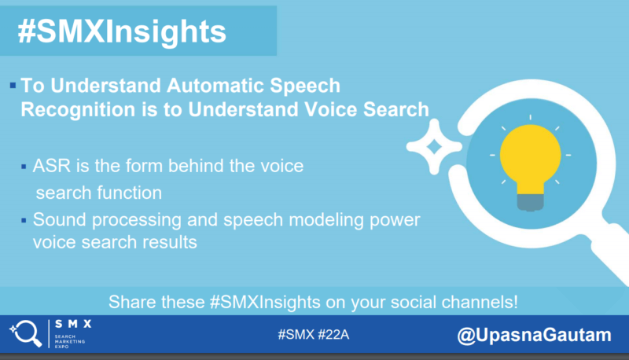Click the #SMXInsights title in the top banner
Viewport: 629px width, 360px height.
pyautogui.click(x=122, y=31)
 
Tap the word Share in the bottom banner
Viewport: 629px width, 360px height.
pyautogui.click(x=129, y=302)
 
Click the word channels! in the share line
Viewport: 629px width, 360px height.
pyautogui.click(x=480, y=302)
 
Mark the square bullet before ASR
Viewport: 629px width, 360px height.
pyautogui.click(x=24, y=166)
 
